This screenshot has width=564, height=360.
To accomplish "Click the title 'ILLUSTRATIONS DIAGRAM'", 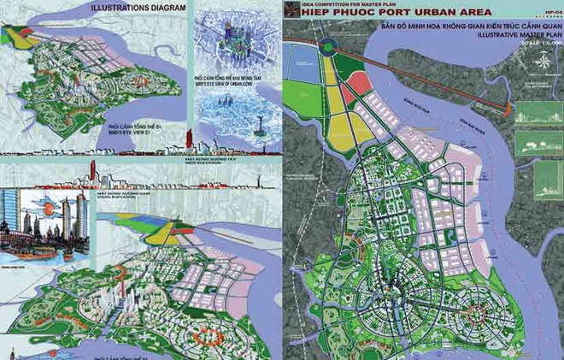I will pos(134,9).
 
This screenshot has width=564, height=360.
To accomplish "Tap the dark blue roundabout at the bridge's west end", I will pos(328,47).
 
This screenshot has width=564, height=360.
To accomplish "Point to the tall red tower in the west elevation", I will pos(186,137).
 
